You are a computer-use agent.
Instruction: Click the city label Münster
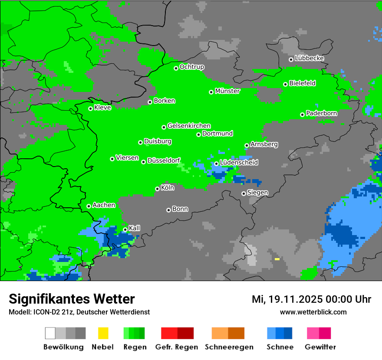tap(227, 91)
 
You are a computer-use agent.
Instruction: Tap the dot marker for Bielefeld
tap(285, 84)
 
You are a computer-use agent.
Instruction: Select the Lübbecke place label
tap(309, 58)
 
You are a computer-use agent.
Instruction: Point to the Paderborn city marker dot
tap(302, 115)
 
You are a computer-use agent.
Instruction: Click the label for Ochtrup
tap(192, 67)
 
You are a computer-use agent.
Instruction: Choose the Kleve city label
tap(102, 108)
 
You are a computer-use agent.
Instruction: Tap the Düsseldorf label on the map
tap(164, 160)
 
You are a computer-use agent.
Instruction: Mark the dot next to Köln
tap(157, 189)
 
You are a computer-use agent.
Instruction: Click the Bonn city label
tap(180, 209)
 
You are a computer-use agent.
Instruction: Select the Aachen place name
tap(104, 205)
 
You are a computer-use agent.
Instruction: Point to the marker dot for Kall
tap(125, 229)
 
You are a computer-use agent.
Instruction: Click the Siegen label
tap(257, 193)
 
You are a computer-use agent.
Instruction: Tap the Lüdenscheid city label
tap(239, 162)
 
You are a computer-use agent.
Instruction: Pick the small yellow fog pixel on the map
tap(277, 259)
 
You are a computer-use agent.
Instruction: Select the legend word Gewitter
tap(320, 347)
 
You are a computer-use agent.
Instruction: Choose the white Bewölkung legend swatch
tap(50, 333)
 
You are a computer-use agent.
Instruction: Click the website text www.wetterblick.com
tap(313, 312)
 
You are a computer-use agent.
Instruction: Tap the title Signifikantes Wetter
tap(72, 299)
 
